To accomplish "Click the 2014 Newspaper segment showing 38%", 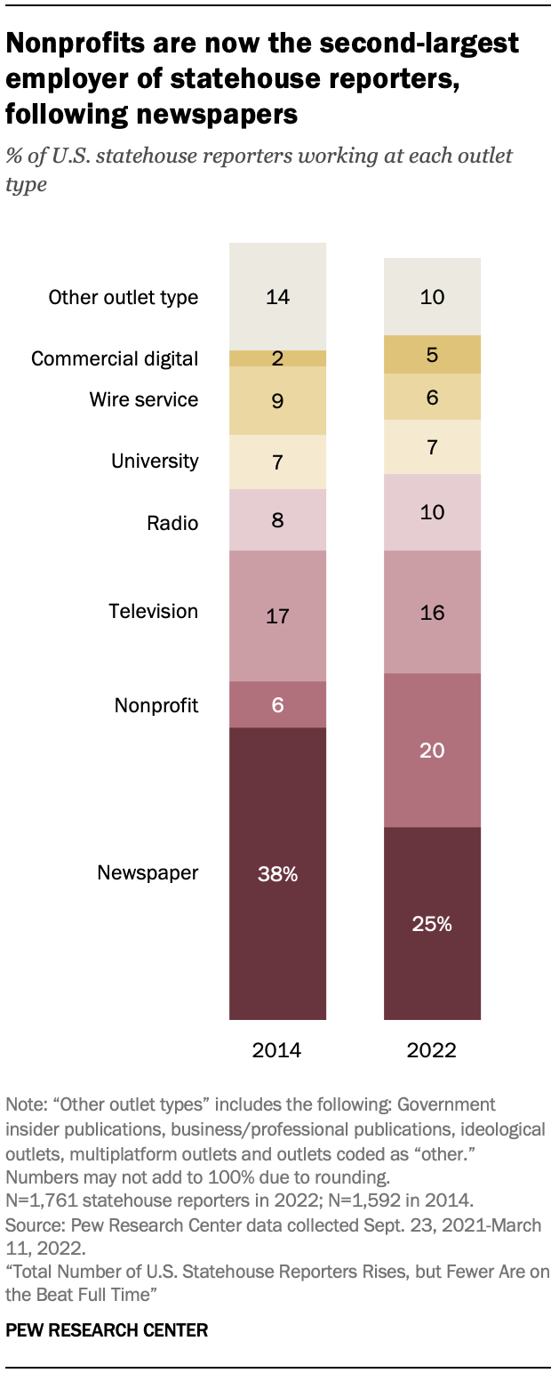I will point(277,873).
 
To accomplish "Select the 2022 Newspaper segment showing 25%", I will point(432,923).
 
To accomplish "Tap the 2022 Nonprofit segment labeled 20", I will point(432,750).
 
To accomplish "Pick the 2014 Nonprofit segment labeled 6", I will point(277,704).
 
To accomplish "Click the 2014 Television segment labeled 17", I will point(277,615).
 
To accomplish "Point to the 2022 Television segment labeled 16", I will point(432,612).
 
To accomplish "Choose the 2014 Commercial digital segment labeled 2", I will point(277,358).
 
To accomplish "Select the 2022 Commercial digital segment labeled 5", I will point(432,354).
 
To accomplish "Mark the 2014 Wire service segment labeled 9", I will point(277,400).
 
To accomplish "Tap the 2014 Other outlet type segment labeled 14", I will point(277,296).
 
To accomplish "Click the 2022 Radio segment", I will point(432,512).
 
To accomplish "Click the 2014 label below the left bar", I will point(277,1049).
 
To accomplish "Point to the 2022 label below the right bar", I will point(432,1049).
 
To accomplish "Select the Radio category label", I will point(172,523).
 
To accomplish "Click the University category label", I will point(155,462).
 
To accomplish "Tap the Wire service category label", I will point(144,400).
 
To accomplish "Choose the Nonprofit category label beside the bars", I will point(156,706).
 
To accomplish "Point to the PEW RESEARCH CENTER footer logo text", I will point(107,1331).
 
